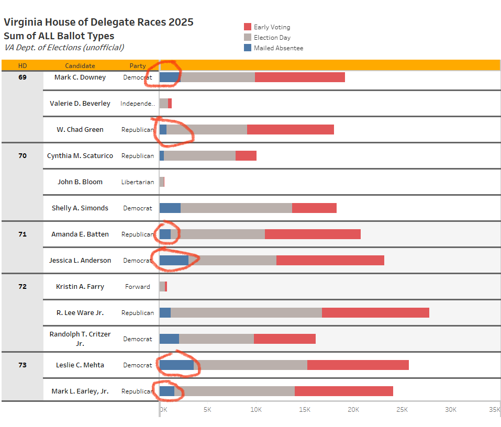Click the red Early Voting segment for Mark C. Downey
point(299,77)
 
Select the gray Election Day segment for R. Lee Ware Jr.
point(246,312)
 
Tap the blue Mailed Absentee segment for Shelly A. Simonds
point(170,208)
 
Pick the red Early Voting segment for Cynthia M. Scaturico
point(246,155)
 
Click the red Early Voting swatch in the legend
point(248,27)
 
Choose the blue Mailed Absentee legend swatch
point(248,48)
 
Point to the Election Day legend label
point(272,37)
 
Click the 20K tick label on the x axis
point(353,409)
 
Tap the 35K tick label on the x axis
point(494,409)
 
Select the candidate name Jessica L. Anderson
point(80,260)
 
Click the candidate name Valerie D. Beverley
point(80,103)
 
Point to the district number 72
point(23,286)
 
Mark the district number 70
point(23,155)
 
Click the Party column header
point(138,65)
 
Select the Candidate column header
point(80,65)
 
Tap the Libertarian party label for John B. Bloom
point(138,182)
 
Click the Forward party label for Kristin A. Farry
point(138,286)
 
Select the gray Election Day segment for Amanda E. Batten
point(220,234)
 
